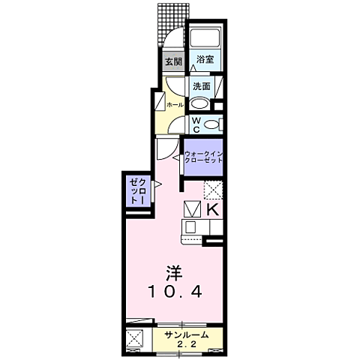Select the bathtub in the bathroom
point(204,38)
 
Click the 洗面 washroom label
point(200,85)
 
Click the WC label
point(195,123)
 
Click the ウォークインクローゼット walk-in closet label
point(203,158)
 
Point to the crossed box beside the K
point(191,209)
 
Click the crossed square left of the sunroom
point(136,339)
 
